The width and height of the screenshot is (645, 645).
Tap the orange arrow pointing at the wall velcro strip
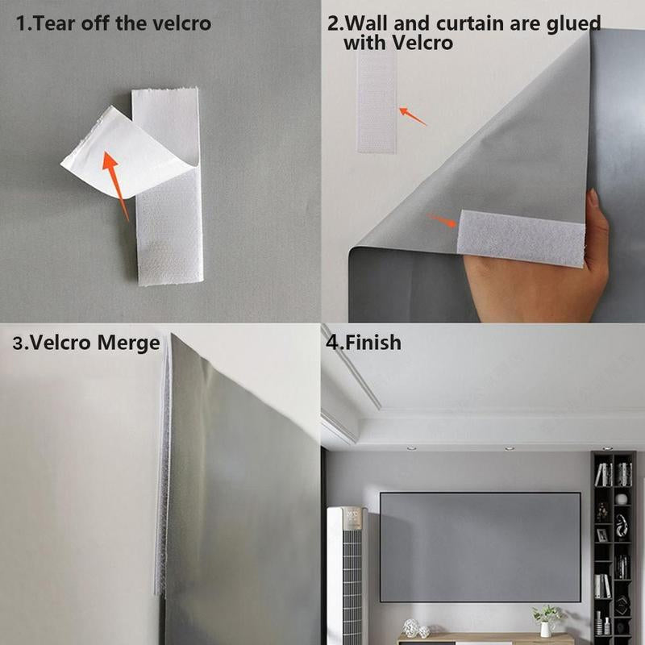coord(413,116)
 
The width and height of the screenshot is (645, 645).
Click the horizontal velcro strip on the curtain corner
coord(521,238)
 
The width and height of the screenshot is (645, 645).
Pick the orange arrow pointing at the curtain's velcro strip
coord(441,220)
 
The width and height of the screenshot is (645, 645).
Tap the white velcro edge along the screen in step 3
coord(164,468)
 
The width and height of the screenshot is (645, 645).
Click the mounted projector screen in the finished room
coord(480,547)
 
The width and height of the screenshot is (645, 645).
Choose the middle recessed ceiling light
coord(509,448)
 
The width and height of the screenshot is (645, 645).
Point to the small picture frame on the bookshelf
coord(601,535)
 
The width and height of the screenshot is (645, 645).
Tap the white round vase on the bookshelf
coord(621,499)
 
